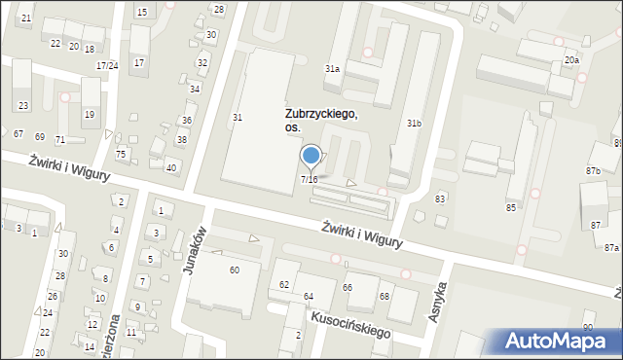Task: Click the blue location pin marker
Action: (311, 156)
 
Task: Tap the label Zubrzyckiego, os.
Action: (320, 121)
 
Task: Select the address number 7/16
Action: (309, 179)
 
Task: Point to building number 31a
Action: (332, 69)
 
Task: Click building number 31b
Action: (414, 124)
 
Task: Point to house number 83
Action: (440, 198)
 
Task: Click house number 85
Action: (510, 207)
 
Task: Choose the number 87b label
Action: (593, 171)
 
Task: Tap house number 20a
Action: (571, 60)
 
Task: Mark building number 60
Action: (234, 270)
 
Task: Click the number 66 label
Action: (347, 287)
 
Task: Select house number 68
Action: (385, 296)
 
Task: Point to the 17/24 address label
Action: (107, 65)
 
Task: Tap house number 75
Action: (121, 154)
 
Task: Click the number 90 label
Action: (587, 326)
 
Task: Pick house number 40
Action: (170, 168)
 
